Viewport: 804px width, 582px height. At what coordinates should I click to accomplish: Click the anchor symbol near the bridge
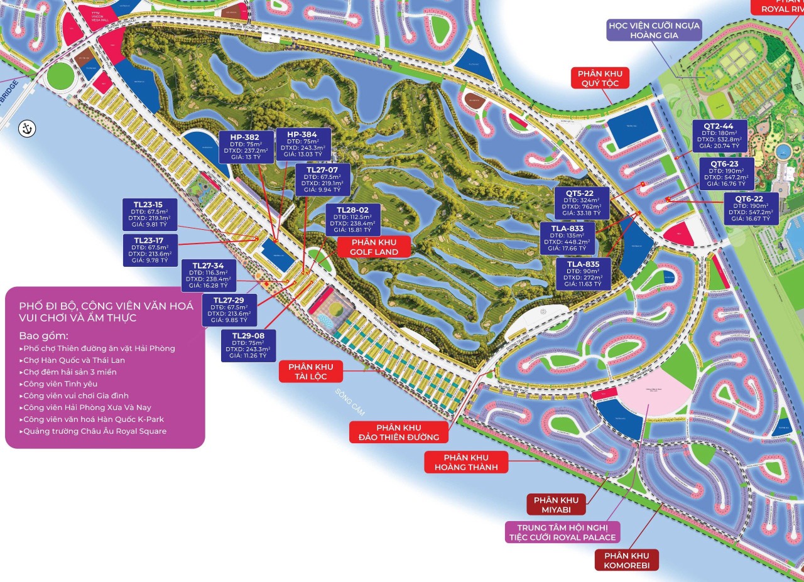coord(26,127)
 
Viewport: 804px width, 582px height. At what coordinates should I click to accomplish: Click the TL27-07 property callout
coord(322,180)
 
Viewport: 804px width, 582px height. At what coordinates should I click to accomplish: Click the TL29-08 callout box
coord(248,345)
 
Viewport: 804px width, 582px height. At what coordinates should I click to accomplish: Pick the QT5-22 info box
coord(580,203)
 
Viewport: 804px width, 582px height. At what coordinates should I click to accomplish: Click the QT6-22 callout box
coord(751,208)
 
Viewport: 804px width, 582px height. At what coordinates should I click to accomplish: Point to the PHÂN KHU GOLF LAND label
coord(374,246)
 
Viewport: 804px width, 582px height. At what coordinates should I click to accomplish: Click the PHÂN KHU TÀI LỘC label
coord(311,372)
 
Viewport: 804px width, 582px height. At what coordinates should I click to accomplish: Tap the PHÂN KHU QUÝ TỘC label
coord(595,78)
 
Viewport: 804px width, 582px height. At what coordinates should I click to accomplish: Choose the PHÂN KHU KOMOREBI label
coord(627,560)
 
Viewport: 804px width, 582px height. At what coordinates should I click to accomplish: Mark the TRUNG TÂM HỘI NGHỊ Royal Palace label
coord(562,532)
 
